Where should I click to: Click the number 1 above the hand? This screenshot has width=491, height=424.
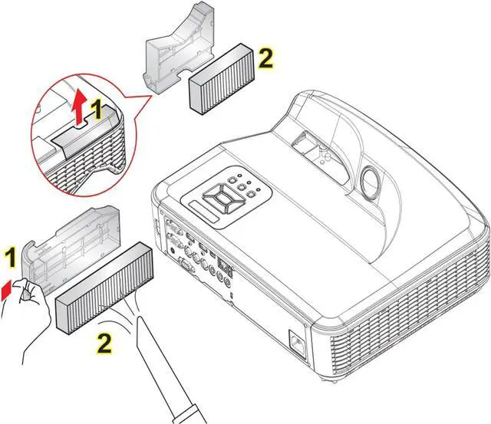(x=11, y=256)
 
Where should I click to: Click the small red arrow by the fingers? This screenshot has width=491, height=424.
(x=7, y=288)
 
